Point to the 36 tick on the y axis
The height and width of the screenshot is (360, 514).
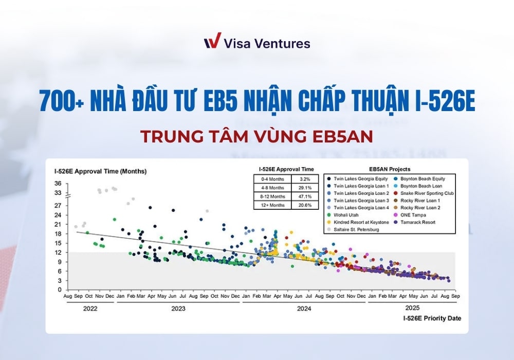click(58, 184)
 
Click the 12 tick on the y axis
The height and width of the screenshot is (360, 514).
click(58, 252)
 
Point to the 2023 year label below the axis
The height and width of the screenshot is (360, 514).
click(178, 309)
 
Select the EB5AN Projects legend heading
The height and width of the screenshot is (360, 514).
click(389, 169)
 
